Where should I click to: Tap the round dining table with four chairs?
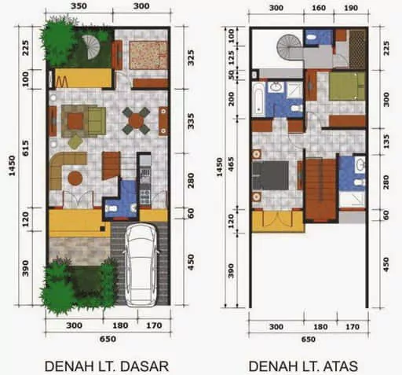pyautogui.click(x=137, y=120)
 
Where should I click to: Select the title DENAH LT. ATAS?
pyautogui.click(x=303, y=366)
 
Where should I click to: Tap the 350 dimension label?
pyautogui.click(x=77, y=6)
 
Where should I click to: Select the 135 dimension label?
pyautogui.click(x=385, y=141)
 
